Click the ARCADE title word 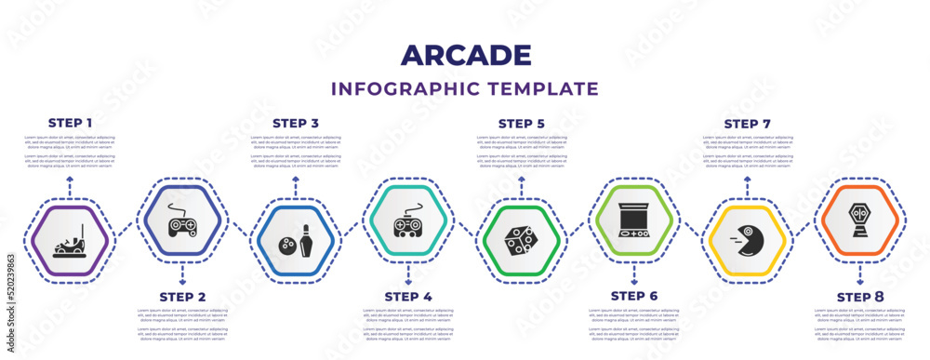point(465,55)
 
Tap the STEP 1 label point(70,122)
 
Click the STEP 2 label point(182,297)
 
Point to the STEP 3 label point(296,122)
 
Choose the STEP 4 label point(408,297)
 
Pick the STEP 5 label point(522,122)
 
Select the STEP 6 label point(634,297)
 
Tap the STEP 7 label point(748,122)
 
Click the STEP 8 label point(860,297)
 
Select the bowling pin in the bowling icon point(306,244)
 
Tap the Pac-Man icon point(747,239)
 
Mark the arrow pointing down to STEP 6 point(634,275)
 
